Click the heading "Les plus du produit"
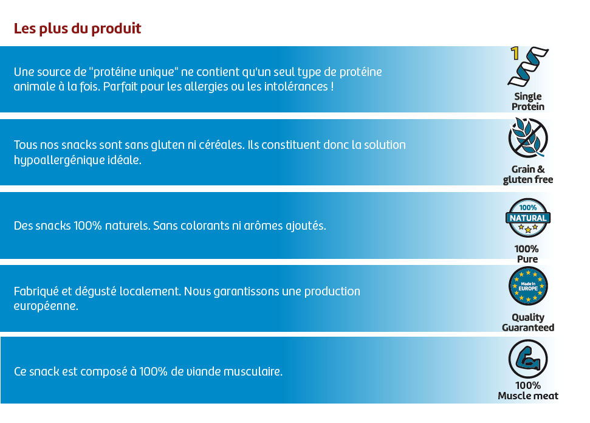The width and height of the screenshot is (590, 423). coord(77,29)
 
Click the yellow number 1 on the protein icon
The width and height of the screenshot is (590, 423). coord(515,53)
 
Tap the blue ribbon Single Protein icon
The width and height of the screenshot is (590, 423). coord(529,67)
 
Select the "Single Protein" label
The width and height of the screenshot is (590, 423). coord(527,101)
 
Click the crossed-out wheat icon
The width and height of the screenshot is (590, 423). coord(527,138)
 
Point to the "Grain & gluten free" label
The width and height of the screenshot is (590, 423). coord(527,174)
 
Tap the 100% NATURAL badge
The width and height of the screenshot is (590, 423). coord(527,218)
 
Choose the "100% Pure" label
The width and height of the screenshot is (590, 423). coord(527,254)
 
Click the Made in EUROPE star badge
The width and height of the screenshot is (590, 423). coord(527,286)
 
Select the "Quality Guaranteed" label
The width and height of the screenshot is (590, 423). coord(527,322)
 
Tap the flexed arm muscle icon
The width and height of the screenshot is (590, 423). coord(527,359)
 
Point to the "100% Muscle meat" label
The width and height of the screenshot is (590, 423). coord(527,391)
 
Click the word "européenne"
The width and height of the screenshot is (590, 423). coord(46,306)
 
